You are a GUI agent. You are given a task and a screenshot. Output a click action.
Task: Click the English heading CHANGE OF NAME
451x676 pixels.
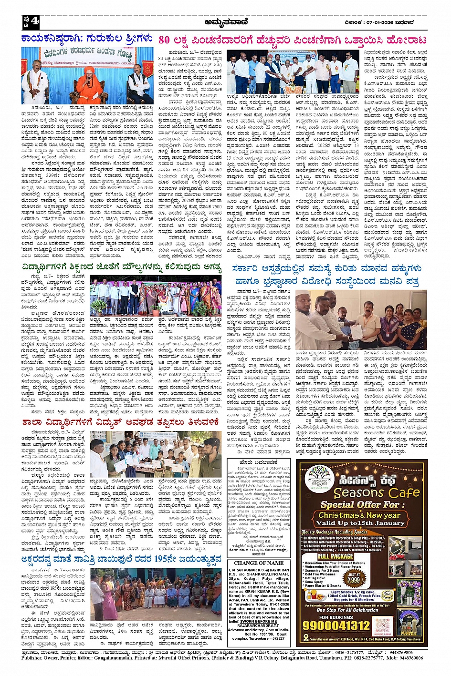pyautogui.click(x=259, y=563)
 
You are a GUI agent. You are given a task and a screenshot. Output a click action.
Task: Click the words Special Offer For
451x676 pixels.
pyautogui.click(x=359, y=505)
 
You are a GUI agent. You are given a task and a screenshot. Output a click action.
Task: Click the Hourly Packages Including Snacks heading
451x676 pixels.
pyautogui.click(x=334, y=533)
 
